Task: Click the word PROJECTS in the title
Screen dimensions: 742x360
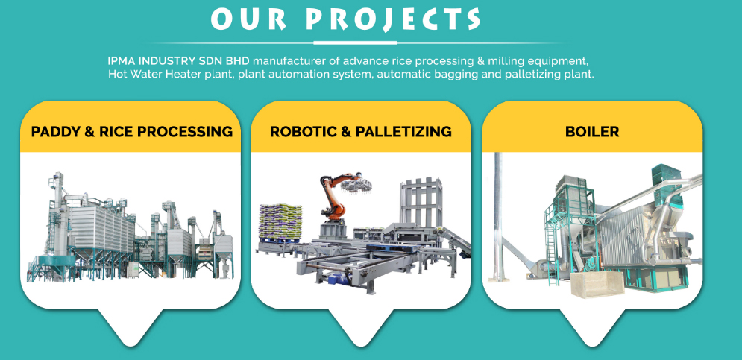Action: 392,19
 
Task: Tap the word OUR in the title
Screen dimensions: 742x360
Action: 248,19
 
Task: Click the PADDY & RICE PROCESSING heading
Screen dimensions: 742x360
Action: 132,131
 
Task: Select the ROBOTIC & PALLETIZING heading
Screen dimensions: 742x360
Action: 361,131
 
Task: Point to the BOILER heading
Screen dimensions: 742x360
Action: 592,131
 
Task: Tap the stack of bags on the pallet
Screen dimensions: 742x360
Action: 280,221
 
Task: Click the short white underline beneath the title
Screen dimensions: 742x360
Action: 355,43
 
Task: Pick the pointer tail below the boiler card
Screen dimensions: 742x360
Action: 592,326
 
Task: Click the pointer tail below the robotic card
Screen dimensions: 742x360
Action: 361,326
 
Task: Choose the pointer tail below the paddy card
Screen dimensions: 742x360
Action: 131,326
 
